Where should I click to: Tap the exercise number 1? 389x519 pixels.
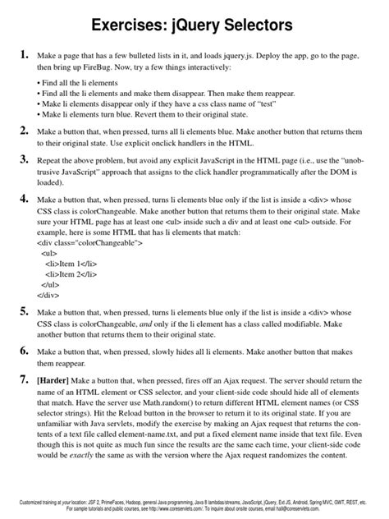pyautogui.click(x=24, y=55)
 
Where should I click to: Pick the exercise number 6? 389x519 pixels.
pyautogui.click(x=24, y=350)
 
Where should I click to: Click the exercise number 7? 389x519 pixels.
pyautogui.click(x=24, y=380)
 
